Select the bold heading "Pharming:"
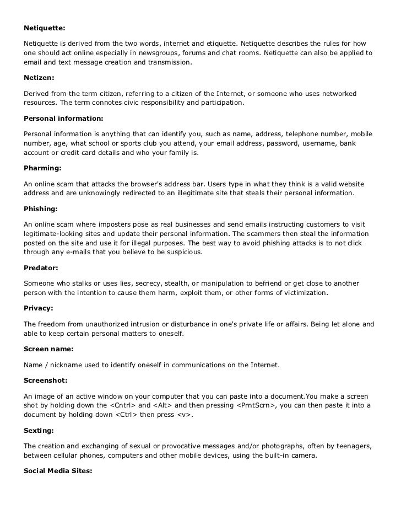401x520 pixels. tap(42, 168)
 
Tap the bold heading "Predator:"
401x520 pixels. tap(41, 269)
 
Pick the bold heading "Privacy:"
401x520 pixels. tap(39, 309)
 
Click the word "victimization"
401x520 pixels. tap(300, 293)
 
